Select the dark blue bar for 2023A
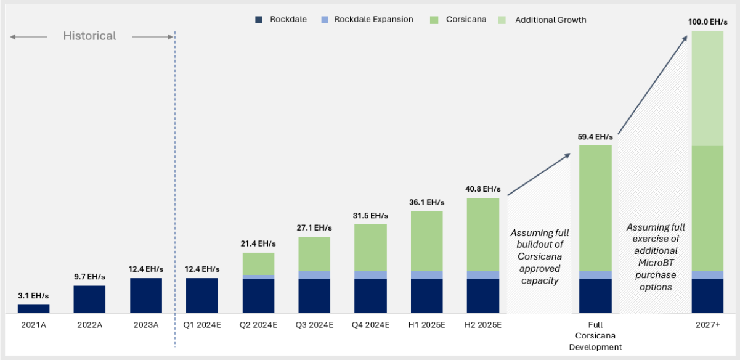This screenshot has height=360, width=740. [x=146, y=295]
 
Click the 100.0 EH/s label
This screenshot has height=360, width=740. [x=707, y=22]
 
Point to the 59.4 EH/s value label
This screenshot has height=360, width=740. [x=595, y=137]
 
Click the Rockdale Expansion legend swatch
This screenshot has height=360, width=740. [x=325, y=20]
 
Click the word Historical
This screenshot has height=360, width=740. [x=89, y=36]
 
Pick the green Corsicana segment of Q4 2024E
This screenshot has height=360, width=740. [x=370, y=247]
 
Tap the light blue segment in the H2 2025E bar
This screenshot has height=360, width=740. [x=482, y=274]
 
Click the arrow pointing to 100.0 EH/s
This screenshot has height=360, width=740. [x=653, y=84]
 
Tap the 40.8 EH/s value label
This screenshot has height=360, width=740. [x=482, y=189]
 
